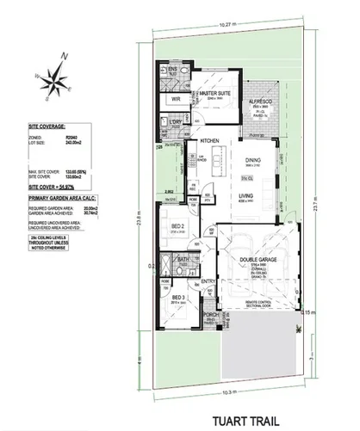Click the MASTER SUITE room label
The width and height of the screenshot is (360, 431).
[213, 92]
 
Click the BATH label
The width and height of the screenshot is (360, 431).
[183, 260]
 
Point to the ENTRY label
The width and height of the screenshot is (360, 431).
[208, 280]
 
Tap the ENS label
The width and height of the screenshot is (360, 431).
[171, 69]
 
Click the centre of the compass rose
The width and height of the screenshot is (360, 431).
[57, 83]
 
